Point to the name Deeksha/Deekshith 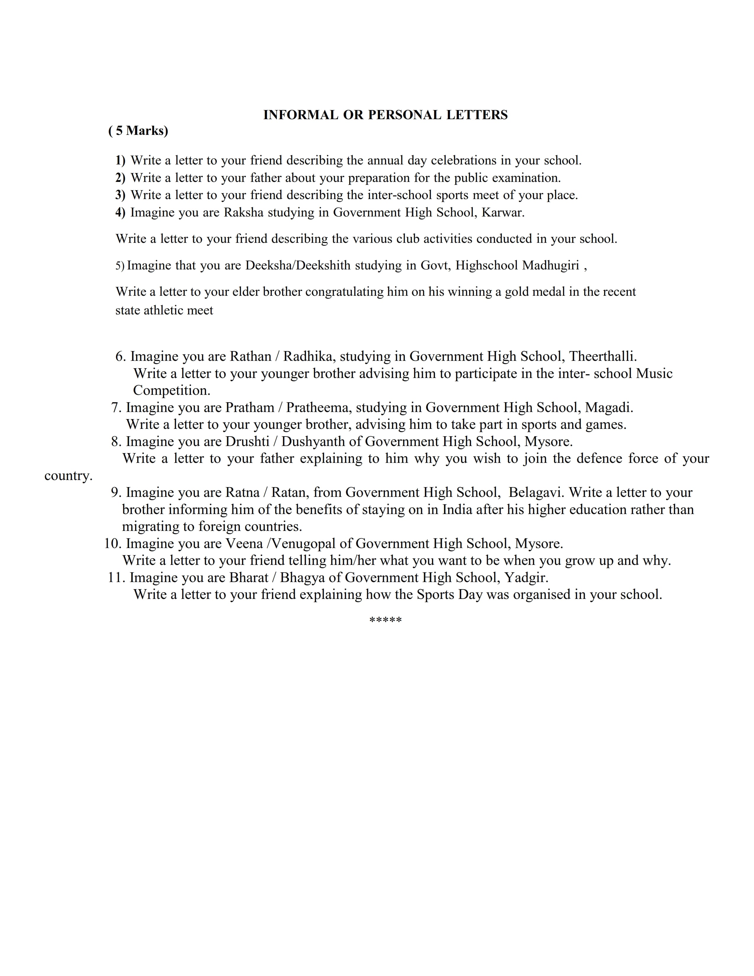click(298, 266)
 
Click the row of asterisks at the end click(386, 620)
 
